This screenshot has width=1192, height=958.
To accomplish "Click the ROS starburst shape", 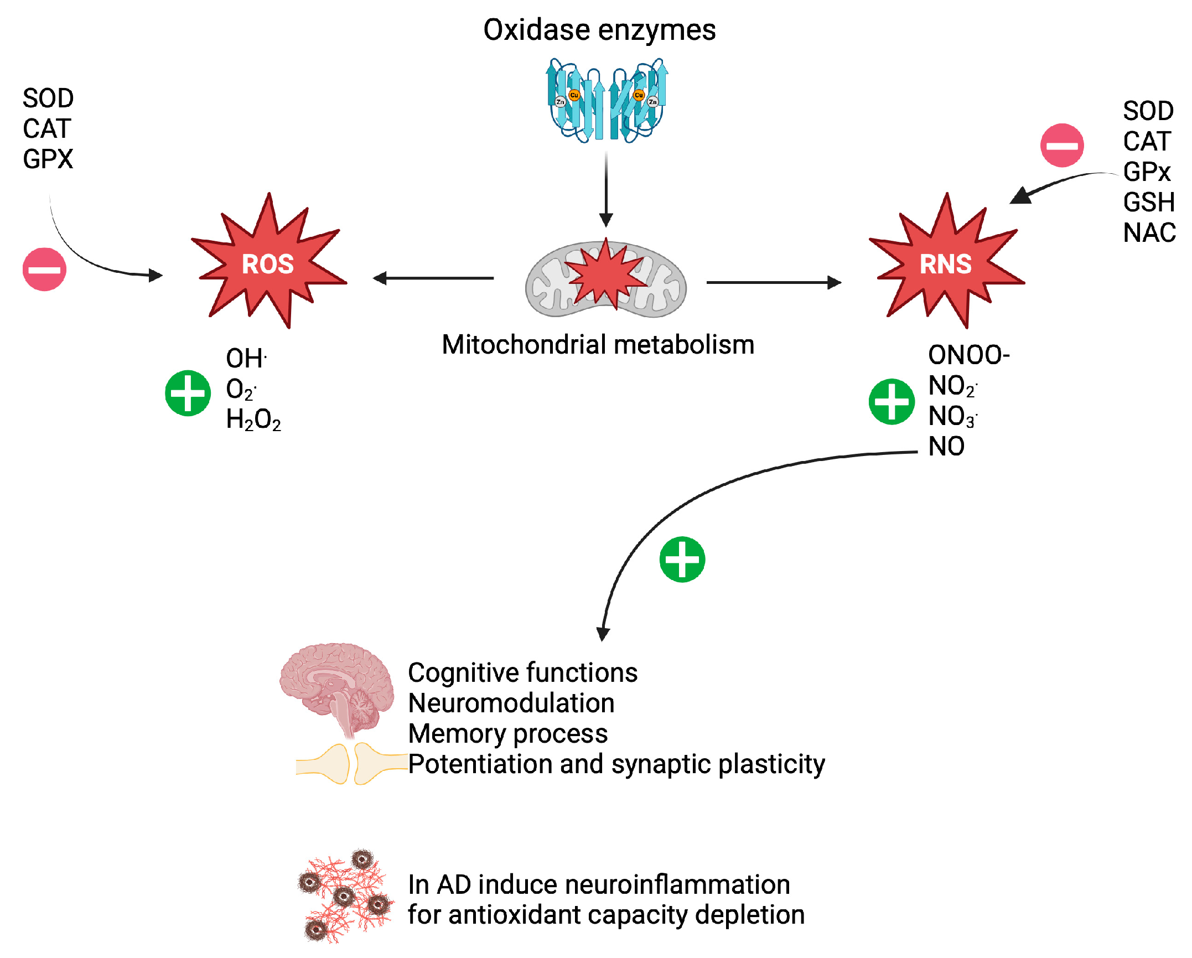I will pyautogui.click(x=268, y=263).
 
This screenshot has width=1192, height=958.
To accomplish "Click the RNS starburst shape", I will pyautogui.click(x=946, y=263).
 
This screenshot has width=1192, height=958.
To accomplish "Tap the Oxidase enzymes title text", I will pyautogui.click(x=599, y=30).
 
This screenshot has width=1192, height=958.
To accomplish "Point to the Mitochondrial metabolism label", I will pyautogui.click(x=598, y=345).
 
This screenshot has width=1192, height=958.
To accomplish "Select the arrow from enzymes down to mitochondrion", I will pyautogui.click(x=606, y=188).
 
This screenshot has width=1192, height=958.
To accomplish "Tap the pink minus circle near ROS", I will pyautogui.click(x=44, y=270).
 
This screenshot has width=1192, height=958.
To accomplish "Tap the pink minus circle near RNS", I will pyautogui.click(x=1061, y=146).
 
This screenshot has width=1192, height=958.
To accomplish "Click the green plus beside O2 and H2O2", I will pyautogui.click(x=188, y=393).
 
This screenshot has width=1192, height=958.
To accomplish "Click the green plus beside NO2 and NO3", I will pyautogui.click(x=891, y=402).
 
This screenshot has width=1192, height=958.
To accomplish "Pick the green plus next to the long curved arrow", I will pyautogui.click(x=682, y=560).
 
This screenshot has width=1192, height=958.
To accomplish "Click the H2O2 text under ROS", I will pyautogui.click(x=253, y=420).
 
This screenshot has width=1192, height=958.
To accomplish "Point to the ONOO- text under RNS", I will pyautogui.click(x=968, y=355).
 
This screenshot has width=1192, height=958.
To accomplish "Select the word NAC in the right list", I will pyautogui.click(x=1149, y=232).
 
